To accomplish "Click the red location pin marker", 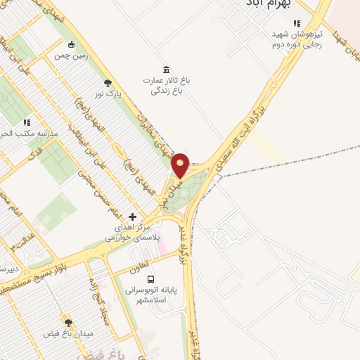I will (180, 165).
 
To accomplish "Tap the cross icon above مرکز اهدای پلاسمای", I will (134, 217).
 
